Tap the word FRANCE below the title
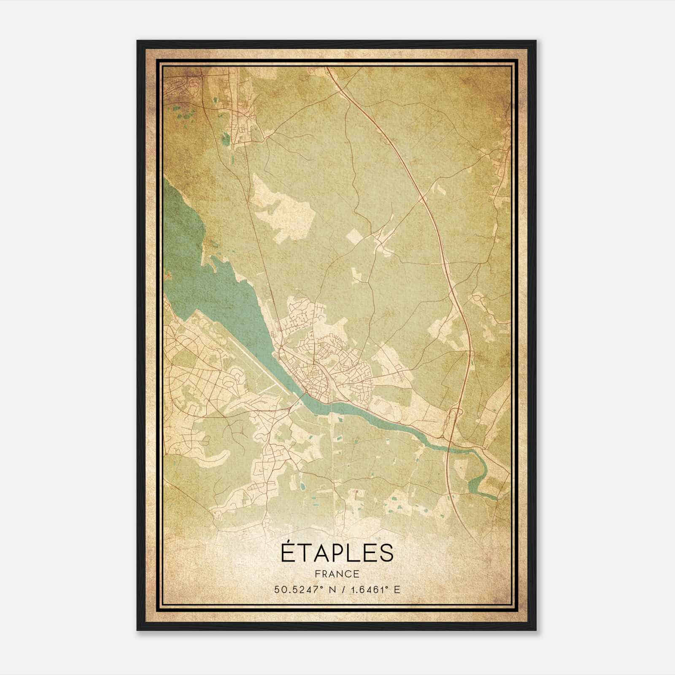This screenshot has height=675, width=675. coord(337,574)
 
